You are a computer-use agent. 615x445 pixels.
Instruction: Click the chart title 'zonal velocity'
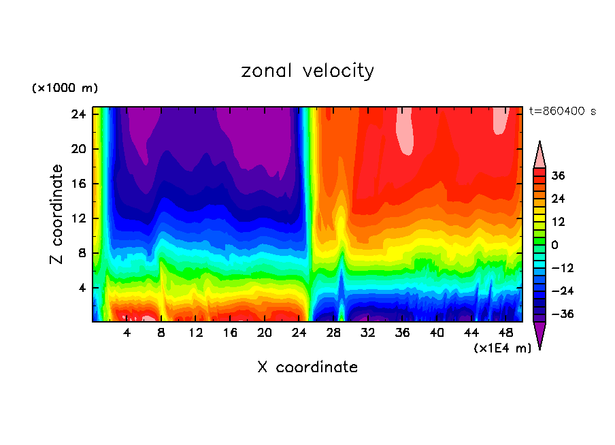[307, 71]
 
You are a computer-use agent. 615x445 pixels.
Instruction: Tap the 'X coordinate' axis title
[307, 367]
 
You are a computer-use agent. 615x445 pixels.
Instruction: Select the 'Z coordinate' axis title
[57, 214]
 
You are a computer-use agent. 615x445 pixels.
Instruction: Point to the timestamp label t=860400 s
[562, 111]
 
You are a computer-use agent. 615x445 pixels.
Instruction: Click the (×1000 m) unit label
[65, 88]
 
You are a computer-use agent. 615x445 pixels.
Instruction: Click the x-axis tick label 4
[127, 333]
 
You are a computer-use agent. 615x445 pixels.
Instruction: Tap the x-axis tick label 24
[299, 333]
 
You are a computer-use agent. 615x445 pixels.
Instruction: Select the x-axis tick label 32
[368, 333]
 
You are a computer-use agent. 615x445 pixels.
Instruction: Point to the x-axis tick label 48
[505, 333]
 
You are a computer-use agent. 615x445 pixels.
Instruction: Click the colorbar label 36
[559, 176]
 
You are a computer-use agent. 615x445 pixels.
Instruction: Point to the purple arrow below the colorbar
[539, 335]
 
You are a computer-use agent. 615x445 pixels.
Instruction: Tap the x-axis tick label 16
[231, 333]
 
